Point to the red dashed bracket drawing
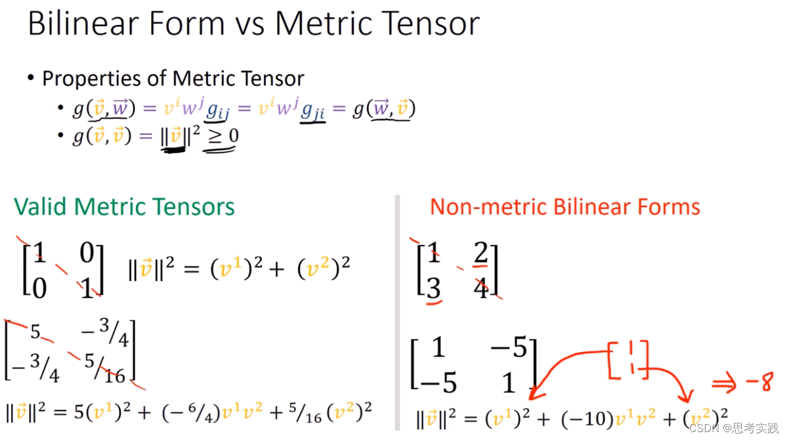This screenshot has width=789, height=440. pos(628,361)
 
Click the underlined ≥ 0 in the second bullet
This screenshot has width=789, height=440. pos(222,137)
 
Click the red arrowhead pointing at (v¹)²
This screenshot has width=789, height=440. pos(532,394)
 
